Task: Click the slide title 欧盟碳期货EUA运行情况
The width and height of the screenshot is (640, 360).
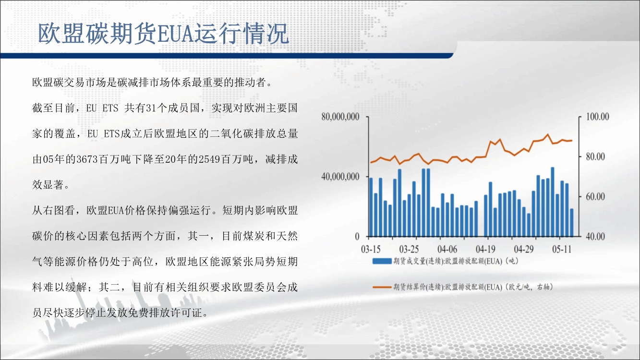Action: coord(163,34)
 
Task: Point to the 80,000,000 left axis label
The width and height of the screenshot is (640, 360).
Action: coord(340,117)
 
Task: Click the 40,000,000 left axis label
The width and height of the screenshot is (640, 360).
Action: coord(340,177)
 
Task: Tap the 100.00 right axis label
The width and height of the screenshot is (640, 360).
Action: coord(597,117)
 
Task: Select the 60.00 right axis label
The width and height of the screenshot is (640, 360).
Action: coord(595,197)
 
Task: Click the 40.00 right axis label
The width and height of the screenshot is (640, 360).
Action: coord(595,236)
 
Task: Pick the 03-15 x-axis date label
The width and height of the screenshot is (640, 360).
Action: coord(371,250)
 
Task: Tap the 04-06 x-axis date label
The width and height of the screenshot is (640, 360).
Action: coord(447,250)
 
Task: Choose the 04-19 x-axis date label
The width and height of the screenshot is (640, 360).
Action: coord(485,250)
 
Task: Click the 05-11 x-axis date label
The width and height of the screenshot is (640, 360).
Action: coord(562,250)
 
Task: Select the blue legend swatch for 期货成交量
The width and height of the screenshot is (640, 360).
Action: coord(382,261)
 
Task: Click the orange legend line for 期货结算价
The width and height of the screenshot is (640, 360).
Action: coord(382,287)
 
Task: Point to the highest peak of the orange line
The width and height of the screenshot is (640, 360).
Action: coord(548,134)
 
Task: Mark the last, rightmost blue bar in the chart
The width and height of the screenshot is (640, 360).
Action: coord(572,223)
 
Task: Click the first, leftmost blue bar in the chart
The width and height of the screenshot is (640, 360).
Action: coord(371,207)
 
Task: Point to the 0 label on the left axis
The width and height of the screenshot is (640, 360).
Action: coord(357,237)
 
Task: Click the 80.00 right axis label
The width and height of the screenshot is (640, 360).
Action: coord(595,156)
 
